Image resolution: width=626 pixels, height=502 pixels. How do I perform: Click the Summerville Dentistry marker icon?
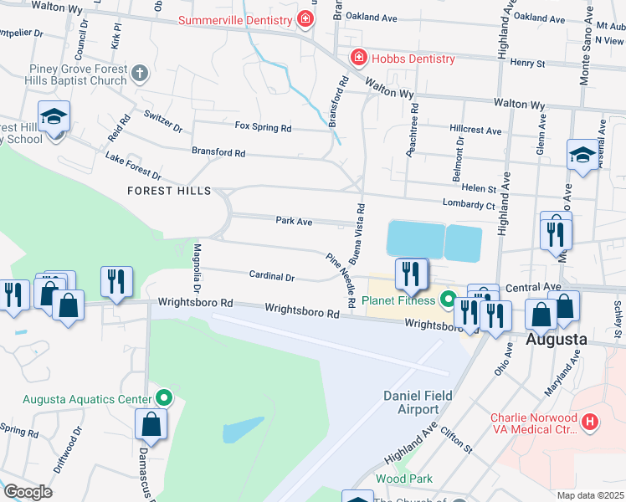(306, 18)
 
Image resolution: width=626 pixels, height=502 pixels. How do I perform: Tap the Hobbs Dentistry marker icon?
(358, 58)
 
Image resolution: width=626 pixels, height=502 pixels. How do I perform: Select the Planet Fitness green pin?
(448, 300)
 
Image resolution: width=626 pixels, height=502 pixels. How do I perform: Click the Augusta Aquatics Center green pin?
(164, 398)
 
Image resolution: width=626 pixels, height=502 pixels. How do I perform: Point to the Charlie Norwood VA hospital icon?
(591, 423)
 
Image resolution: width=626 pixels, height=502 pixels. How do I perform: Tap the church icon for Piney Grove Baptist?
(140, 74)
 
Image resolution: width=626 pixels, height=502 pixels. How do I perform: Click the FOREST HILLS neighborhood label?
(169, 191)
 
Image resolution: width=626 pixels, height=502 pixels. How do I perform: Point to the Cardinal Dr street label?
(272, 276)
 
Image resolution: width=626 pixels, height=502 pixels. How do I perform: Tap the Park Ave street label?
(294, 222)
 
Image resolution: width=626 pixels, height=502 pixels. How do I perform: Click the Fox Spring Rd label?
(263, 128)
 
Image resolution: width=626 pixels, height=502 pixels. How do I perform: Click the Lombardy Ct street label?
(469, 202)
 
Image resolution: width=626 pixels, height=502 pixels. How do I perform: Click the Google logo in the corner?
(28, 492)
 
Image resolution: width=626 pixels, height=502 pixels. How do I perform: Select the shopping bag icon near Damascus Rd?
(151, 425)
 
